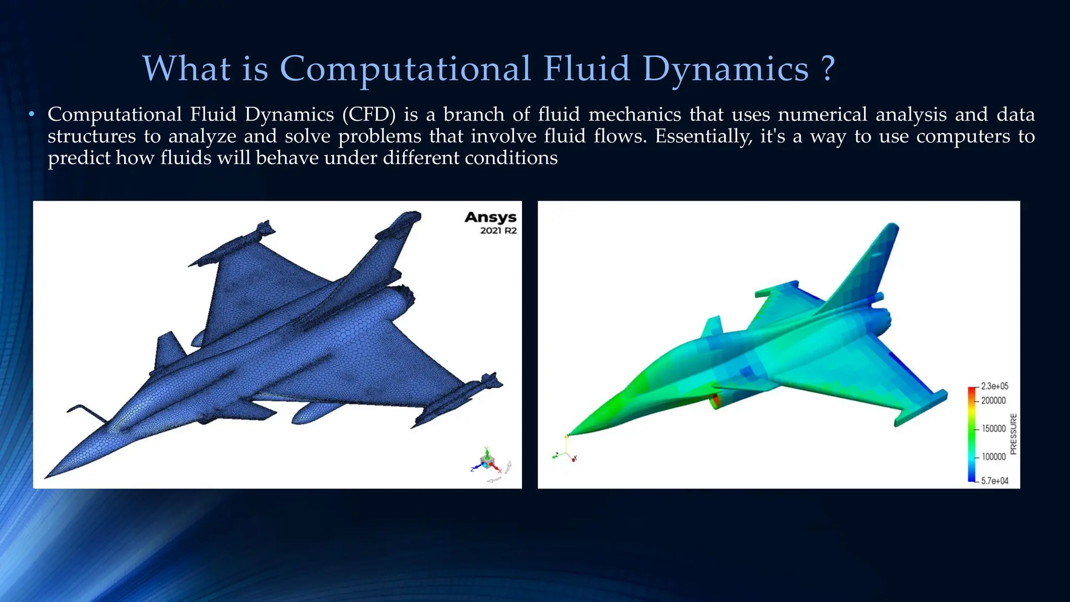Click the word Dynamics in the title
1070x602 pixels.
click(726, 70)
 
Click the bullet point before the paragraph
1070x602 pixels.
click(32, 114)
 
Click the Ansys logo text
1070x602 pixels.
click(490, 217)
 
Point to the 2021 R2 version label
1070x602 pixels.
click(498, 231)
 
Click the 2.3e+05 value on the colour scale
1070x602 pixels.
click(994, 386)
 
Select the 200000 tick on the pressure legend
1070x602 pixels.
click(993, 400)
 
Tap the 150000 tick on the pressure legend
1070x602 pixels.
click(993, 429)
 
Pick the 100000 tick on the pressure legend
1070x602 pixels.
click(993, 457)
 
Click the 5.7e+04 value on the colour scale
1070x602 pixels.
click(994, 481)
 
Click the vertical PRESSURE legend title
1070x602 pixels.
click(1013, 434)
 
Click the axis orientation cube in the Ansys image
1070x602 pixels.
click(487, 462)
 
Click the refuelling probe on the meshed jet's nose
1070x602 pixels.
click(84, 411)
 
